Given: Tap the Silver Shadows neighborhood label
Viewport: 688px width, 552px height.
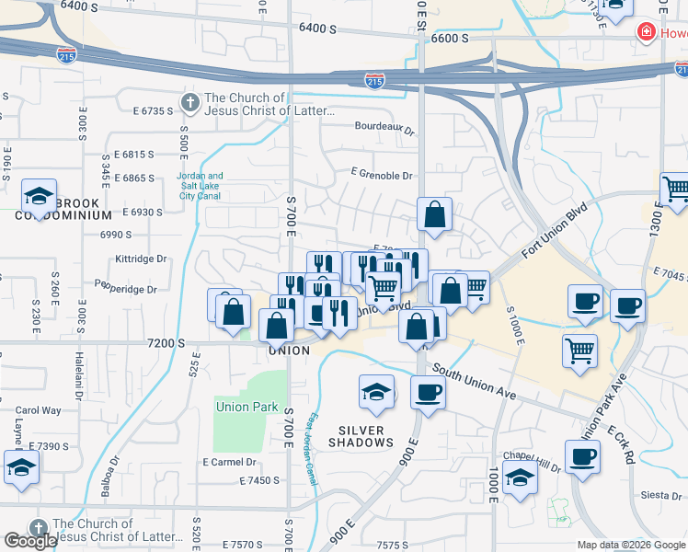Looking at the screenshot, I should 366,436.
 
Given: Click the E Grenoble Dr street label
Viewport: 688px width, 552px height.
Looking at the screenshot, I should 383,171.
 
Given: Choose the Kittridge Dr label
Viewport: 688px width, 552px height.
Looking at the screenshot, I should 142,259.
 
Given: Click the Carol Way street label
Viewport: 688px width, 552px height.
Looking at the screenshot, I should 38,410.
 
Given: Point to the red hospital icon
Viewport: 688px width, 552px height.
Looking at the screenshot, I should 647,33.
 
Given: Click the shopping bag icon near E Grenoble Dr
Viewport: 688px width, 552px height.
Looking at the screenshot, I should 434,214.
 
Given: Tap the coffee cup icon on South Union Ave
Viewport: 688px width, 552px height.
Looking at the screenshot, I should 428,393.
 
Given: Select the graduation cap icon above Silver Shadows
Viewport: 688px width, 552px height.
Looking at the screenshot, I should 376,393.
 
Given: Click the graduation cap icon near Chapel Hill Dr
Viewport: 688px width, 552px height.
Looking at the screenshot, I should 520,478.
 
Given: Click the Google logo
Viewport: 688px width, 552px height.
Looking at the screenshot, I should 30,541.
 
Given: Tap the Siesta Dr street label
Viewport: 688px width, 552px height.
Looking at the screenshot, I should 660,495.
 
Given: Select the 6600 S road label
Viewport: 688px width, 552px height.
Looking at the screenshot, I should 450,38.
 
